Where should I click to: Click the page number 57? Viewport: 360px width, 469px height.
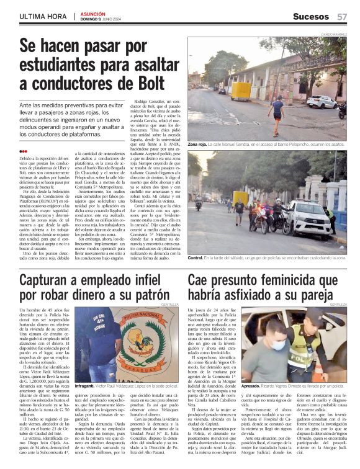click(x=342, y=16)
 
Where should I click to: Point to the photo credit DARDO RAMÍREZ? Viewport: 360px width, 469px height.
click(x=334, y=32)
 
